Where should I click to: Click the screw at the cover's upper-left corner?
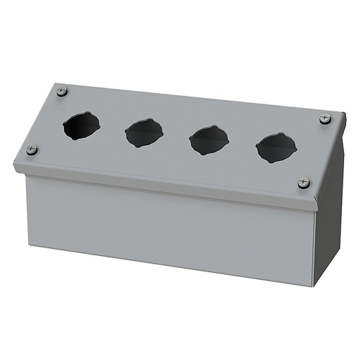62,91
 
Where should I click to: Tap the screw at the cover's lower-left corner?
32,149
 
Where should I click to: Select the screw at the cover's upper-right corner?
325,119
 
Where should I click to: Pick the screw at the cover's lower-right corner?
304,182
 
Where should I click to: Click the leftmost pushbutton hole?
80,125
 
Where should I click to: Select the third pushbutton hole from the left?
209,140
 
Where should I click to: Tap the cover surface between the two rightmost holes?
242,144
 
